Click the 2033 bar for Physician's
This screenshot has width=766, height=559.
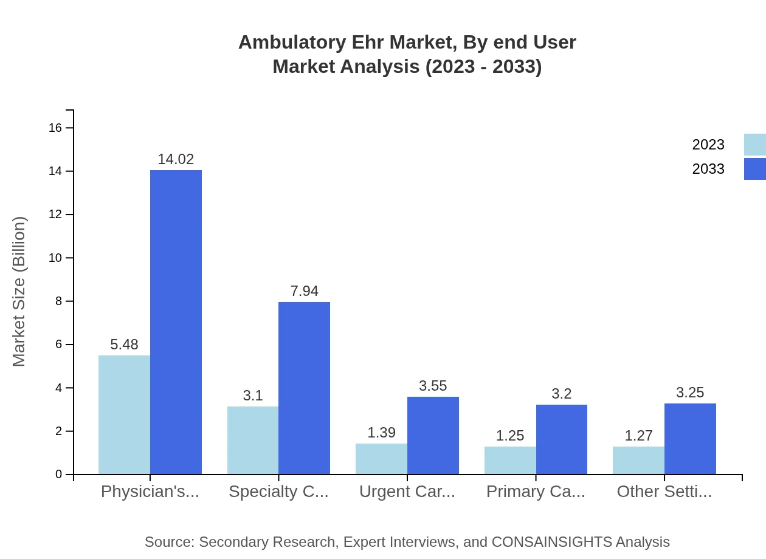tap(176, 322)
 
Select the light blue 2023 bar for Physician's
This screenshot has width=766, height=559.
tap(124, 414)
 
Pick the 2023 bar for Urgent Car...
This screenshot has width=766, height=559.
tap(381, 459)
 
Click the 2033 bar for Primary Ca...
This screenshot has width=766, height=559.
tap(562, 439)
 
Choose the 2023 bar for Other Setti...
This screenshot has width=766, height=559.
tap(638, 460)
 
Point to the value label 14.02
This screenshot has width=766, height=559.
tap(176, 159)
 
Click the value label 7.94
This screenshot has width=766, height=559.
tap(304, 291)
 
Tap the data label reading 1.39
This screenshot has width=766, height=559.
tap(381, 433)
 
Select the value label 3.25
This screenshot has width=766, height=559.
tap(690, 393)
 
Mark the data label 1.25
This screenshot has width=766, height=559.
tap(510, 436)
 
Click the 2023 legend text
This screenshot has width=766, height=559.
tap(708, 145)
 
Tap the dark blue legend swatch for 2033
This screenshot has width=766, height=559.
tap(755, 169)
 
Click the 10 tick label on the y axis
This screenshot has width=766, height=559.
tap(55, 258)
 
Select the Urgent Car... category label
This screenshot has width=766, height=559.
tap(407, 492)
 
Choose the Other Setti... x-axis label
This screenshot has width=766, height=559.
tap(664, 492)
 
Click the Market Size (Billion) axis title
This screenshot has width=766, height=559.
tap(19, 292)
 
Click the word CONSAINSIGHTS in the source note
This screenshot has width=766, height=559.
tap(551, 542)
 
